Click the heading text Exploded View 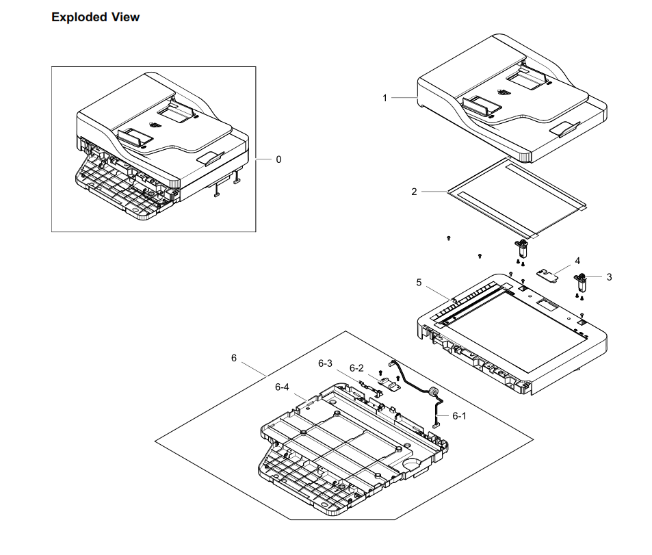pos(95,17)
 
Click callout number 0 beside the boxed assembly pos(278,159)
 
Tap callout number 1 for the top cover pos(384,99)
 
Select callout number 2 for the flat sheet pos(414,192)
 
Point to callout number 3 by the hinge pos(609,277)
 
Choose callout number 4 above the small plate pos(577,261)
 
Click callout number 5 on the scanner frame pos(419,282)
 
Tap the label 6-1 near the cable pos(458,415)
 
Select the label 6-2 pos(356,367)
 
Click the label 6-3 pos(325,363)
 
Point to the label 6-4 pos(282,387)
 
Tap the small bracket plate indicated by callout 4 pos(548,275)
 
